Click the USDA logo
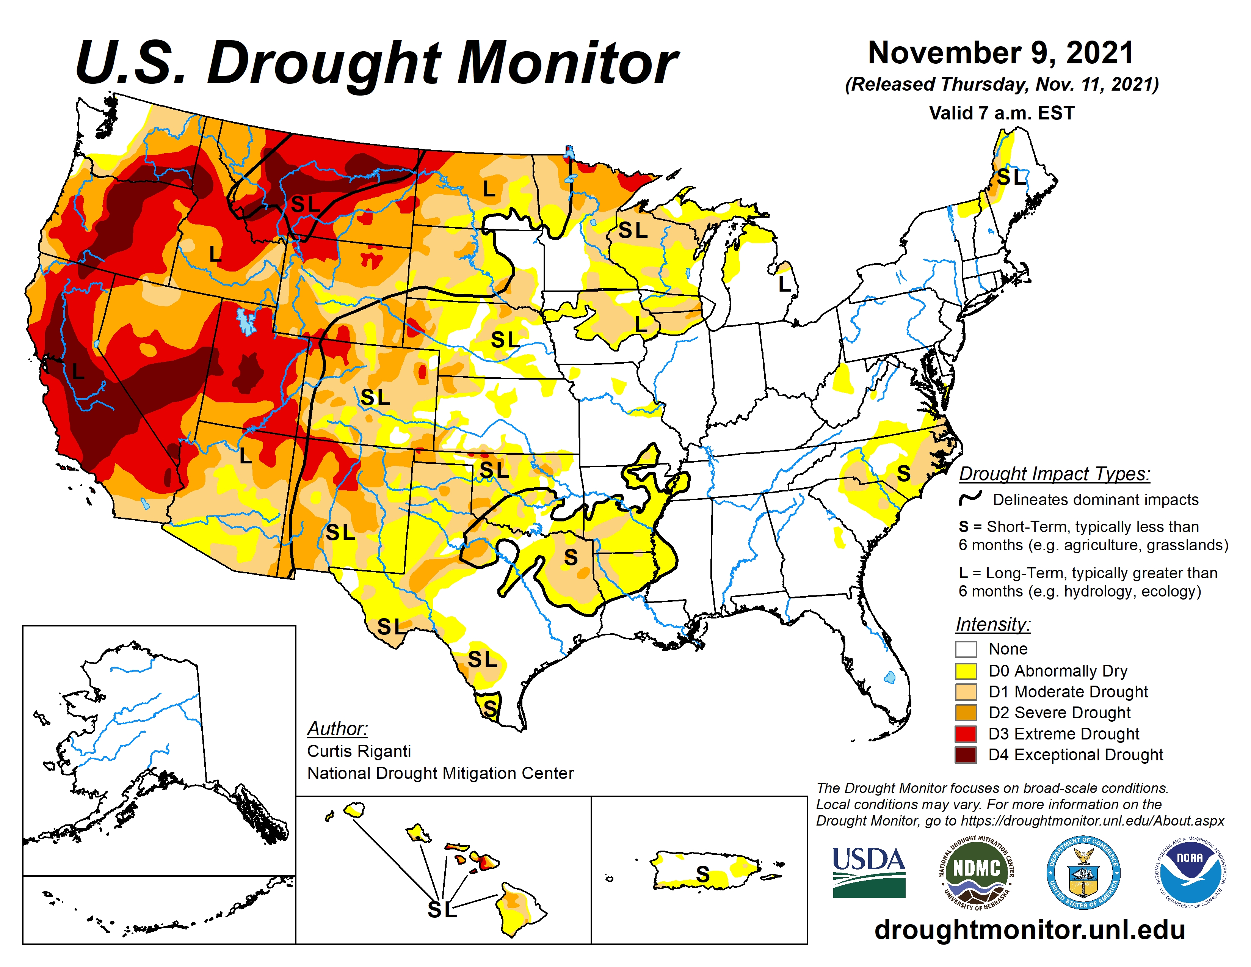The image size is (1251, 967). click(868, 872)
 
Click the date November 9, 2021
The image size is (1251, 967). click(1001, 53)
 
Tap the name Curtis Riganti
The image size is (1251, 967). click(359, 751)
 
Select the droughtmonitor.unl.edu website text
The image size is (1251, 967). click(1029, 929)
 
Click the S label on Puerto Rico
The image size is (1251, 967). click(703, 874)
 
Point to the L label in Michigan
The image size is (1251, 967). click(784, 283)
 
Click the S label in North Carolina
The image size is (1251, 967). click(903, 473)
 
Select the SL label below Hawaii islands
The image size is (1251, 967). click(442, 909)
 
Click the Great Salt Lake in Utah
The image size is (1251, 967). click(246, 321)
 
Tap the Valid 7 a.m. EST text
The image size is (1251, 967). click(1001, 113)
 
